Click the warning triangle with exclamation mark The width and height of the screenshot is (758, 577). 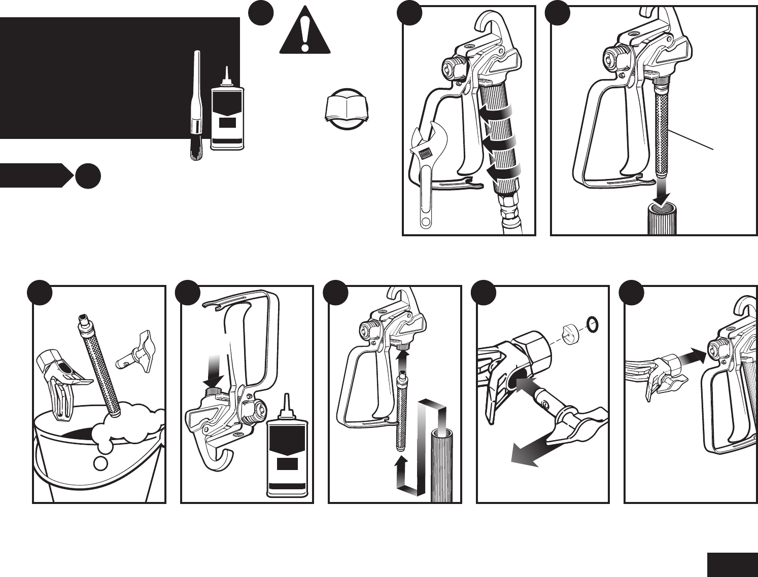304,31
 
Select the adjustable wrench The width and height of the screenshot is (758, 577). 425,172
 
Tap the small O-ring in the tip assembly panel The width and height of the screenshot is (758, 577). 592,322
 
